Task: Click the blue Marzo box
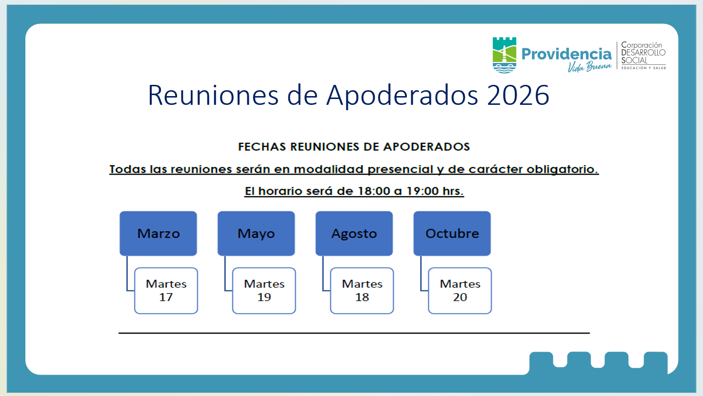158,234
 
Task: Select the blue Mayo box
256,234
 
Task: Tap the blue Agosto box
354,234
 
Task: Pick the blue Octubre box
452,234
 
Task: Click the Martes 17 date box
166,291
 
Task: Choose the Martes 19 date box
264,291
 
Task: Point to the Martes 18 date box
362,291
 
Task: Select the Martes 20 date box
460,291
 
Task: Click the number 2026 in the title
518,95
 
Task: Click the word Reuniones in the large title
213,95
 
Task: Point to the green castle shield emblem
504,55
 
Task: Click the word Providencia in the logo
566,54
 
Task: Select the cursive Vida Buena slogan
589,67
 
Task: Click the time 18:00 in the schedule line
374,191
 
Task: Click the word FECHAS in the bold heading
262,147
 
